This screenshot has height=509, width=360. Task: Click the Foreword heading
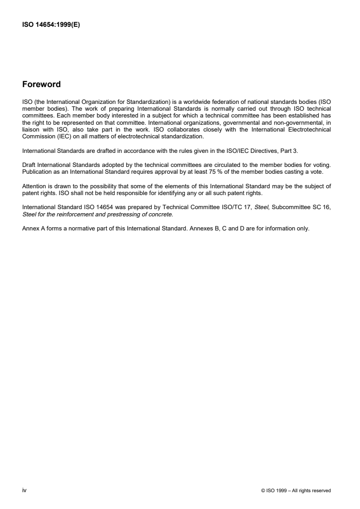click(41, 84)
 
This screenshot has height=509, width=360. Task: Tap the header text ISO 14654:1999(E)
click(51, 25)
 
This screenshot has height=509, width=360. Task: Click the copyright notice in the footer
click(296, 490)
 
